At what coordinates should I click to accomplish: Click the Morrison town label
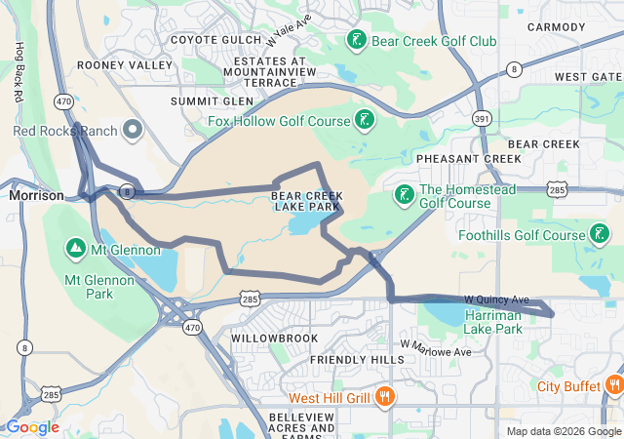36,195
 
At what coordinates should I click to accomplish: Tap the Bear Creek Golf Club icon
357,40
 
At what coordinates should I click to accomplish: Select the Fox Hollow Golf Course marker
364,121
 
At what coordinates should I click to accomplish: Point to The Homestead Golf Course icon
404,195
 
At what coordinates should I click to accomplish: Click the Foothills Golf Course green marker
601,234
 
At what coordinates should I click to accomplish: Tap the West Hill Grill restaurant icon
384,397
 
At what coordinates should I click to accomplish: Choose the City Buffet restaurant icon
613,385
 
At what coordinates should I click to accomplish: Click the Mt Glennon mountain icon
75,250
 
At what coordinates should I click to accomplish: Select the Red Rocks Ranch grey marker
133,130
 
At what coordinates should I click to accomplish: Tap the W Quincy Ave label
496,299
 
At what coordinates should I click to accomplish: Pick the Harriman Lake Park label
493,321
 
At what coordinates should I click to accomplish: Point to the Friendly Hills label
356,359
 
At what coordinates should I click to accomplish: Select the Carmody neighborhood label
556,26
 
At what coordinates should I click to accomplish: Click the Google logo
32,427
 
